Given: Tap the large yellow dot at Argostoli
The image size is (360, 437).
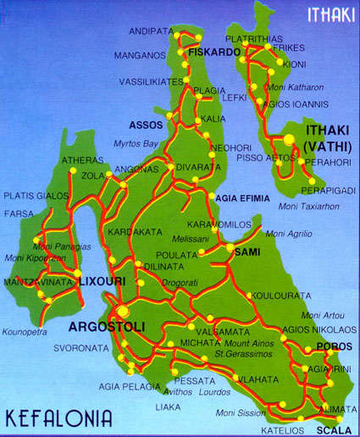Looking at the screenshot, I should point(124,311).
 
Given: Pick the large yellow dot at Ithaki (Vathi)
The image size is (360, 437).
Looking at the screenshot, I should point(289,139).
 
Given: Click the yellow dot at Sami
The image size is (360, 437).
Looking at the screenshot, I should point(230,246).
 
